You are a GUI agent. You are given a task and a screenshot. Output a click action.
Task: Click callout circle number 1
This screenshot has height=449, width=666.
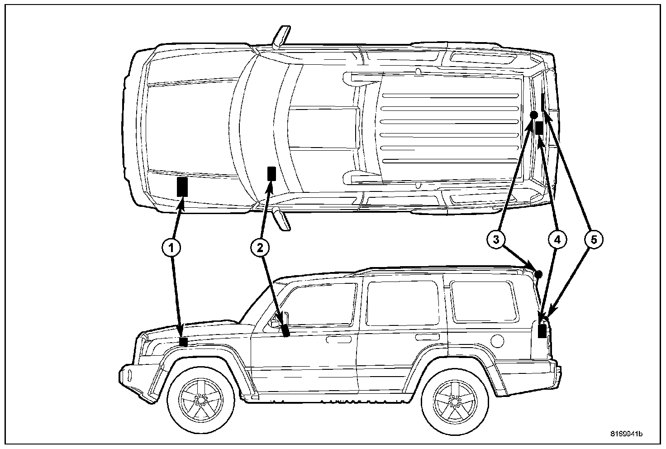coord(171,247)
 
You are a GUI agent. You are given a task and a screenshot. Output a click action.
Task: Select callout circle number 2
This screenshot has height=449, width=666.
coord(260,247)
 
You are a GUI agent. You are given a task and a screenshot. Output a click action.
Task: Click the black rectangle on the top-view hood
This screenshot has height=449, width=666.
coord(182,186)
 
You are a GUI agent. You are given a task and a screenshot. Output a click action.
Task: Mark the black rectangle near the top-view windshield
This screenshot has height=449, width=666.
coord(271,173)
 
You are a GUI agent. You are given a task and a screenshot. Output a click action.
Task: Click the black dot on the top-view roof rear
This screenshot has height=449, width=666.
coord(533,115)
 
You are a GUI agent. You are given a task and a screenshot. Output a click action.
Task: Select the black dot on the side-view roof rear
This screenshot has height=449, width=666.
coord(538,274)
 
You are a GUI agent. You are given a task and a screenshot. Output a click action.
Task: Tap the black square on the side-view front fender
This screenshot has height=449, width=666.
coord(183,342)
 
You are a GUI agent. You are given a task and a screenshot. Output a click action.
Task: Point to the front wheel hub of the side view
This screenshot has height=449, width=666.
coord(200,399)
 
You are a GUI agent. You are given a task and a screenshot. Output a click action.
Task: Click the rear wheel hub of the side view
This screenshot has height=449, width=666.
coord(454,399)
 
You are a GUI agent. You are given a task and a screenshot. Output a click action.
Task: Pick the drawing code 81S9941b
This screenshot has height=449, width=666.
coord(626,434)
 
